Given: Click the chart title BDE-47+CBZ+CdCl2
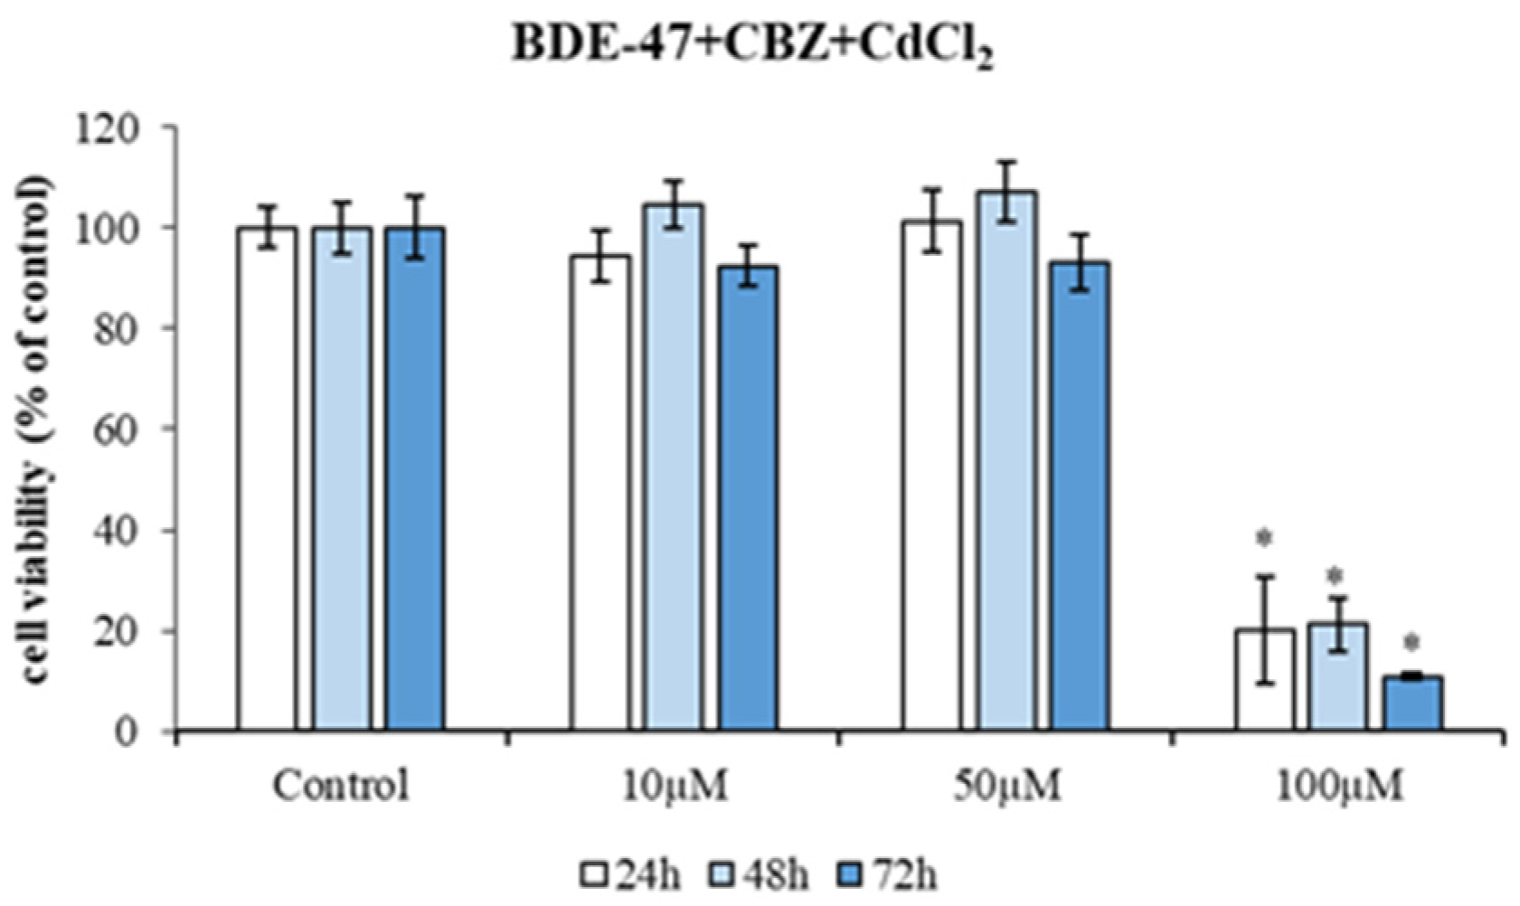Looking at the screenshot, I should click(x=753, y=47).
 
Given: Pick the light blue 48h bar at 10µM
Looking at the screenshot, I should click(x=674, y=467).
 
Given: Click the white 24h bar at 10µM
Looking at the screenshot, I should click(x=600, y=492).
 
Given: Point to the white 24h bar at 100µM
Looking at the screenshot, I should click(x=1265, y=679).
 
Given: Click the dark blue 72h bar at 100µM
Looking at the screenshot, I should click(x=1412, y=703).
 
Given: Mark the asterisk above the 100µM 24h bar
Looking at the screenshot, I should click(x=1264, y=539).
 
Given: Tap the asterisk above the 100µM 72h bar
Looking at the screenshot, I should click(x=1411, y=644).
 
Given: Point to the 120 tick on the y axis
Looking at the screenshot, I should click(x=136, y=127).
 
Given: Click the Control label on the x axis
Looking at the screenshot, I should click(x=341, y=786).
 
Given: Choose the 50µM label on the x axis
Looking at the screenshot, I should click(x=1005, y=786).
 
